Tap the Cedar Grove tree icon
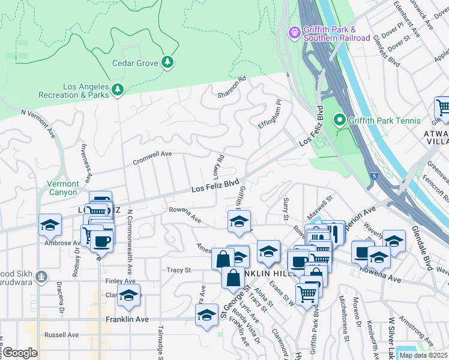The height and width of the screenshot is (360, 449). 168,62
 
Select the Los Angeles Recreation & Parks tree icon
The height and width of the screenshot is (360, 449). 118,89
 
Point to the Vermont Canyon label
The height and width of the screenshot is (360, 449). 63,188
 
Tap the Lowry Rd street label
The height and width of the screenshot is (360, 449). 218,166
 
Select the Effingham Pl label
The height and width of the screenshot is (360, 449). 269,113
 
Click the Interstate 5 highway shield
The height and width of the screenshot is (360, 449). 375,175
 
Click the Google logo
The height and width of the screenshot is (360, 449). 20,353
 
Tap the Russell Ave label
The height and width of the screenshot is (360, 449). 61,335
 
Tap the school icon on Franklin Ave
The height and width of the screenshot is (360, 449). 206,315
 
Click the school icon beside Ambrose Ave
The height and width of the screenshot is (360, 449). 50,226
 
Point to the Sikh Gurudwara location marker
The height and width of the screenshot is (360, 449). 41,277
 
